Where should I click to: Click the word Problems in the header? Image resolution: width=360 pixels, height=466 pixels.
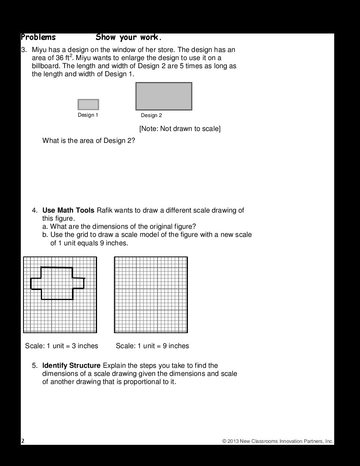[x=38, y=37]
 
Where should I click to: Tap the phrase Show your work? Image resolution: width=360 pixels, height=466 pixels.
[x=129, y=37]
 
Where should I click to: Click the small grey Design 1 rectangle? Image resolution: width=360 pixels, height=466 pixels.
[x=88, y=104]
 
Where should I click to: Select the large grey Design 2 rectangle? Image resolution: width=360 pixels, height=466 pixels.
[x=164, y=96]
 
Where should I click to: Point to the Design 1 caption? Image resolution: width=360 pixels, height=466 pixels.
[x=88, y=115]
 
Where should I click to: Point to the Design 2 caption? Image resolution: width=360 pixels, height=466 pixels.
[x=151, y=116]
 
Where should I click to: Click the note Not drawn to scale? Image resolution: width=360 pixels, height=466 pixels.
[x=180, y=129]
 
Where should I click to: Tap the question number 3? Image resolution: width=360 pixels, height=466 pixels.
[x=23, y=50]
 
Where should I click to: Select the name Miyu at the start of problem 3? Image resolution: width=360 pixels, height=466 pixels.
[x=39, y=50]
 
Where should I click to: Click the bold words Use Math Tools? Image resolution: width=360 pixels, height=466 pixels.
[x=68, y=210]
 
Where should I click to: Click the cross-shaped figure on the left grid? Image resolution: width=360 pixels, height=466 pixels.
[x=57, y=283]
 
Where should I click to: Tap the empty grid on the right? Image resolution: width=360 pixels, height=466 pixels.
[x=151, y=295]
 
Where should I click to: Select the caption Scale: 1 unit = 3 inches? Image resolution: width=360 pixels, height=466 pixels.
[x=62, y=346]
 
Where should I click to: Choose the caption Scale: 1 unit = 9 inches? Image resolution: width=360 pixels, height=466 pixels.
[x=152, y=346]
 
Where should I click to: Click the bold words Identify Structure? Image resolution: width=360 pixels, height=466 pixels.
[x=71, y=365]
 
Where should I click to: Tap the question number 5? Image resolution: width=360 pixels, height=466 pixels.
[x=34, y=365]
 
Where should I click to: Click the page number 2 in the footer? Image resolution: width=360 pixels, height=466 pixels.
[x=23, y=441]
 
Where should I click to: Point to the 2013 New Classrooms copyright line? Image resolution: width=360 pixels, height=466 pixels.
[x=278, y=441]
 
